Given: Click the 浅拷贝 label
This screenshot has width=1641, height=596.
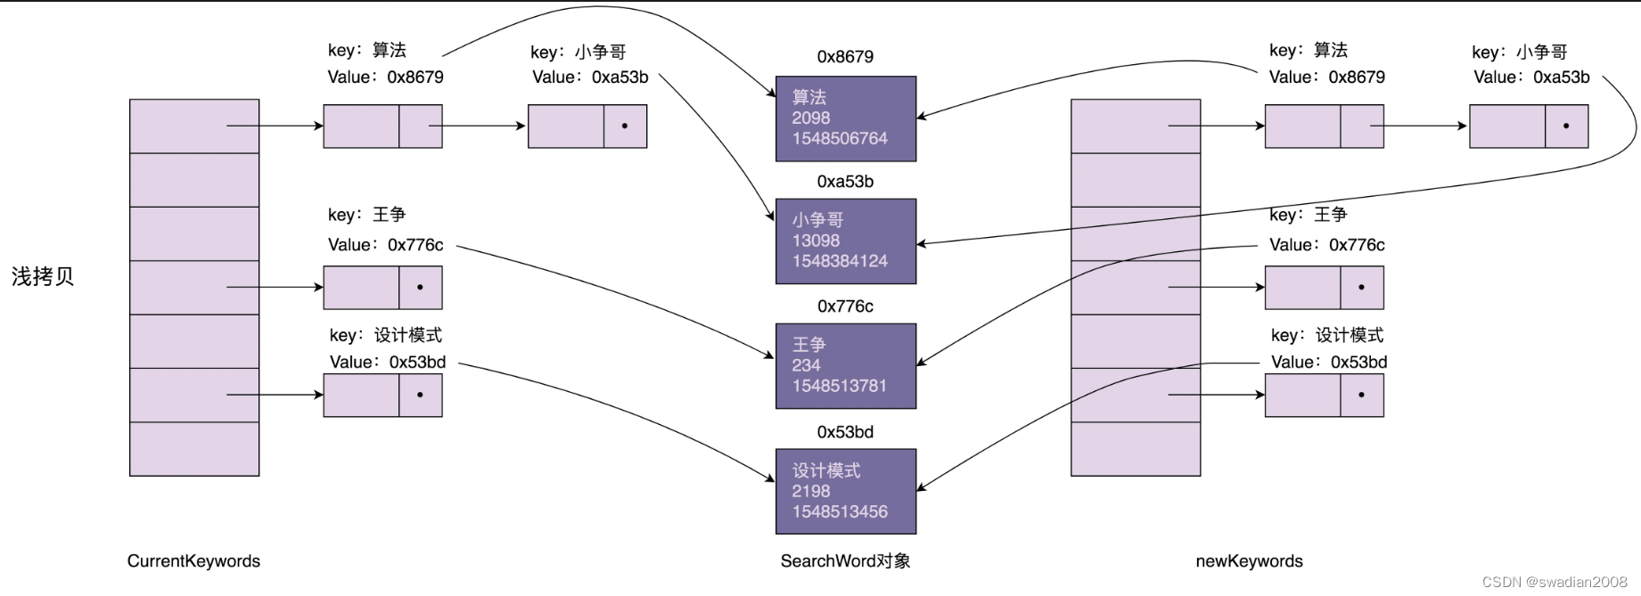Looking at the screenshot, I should [x=43, y=277].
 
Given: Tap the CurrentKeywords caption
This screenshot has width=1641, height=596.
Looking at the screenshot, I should [x=193, y=561].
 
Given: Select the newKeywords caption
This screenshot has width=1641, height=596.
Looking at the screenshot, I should [x=1249, y=561].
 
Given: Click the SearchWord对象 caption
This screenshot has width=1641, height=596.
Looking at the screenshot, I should [x=845, y=561].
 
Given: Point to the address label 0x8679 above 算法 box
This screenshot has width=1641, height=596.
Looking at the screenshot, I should [x=845, y=57].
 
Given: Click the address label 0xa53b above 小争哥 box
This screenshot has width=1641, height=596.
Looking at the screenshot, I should [x=845, y=182].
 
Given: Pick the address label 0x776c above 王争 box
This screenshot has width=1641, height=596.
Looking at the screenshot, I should [x=845, y=306].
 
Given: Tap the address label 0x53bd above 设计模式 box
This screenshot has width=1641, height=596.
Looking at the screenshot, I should [x=845, y=432].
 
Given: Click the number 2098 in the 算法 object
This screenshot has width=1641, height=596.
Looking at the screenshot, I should [x=810, y=118].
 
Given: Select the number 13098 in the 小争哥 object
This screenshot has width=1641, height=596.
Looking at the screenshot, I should [x=816, y=241].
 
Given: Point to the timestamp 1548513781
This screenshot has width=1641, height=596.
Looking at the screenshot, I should [x=839, y=386].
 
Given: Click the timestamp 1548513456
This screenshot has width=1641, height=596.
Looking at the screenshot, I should [x=840, y=511].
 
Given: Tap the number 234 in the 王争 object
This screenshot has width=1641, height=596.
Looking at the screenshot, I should [x=806, y=365].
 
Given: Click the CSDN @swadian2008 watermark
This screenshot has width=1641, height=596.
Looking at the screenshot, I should [x=1555, y=582].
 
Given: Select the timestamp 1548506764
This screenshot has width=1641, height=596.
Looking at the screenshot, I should [x=840, y=138].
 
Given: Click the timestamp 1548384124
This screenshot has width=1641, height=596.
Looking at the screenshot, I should [x=840, y=261].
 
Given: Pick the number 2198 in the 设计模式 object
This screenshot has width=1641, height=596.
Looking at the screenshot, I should [x=810, y=491].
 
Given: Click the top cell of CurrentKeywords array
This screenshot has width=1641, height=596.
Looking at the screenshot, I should [x=194, y=127].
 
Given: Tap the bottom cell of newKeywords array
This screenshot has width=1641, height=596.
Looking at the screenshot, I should [x=1135, y=449].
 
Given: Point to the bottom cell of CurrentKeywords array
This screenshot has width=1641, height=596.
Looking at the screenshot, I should [x=194, y=449].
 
